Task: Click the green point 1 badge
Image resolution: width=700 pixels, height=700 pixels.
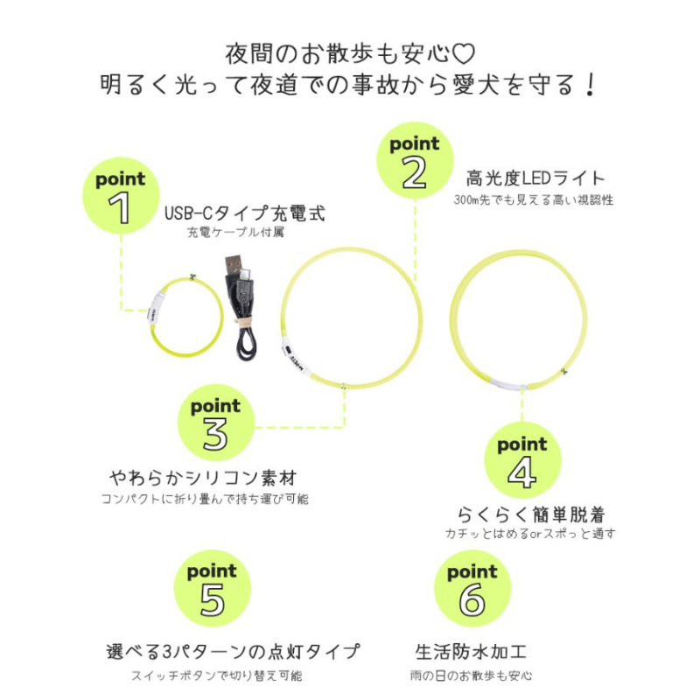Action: (x=121, y=195)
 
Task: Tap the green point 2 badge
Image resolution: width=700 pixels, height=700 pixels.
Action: (x=415, y=160)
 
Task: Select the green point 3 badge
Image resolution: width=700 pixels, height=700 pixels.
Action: (x=216, y=423)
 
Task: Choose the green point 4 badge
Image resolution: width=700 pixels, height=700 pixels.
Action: (x=522, y=460)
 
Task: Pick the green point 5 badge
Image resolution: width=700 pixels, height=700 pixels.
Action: (x=213, y=588)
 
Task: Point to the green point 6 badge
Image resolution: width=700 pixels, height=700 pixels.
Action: (x=472, y=589)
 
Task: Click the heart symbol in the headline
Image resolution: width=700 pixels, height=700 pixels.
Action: (x=463, y=53)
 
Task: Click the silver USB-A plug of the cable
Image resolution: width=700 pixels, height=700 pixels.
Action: (x=234, y=266)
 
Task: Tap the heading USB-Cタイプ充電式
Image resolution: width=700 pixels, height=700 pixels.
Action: (x=245, y=213)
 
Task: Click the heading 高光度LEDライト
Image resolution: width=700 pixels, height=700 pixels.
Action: (x=535, y=178)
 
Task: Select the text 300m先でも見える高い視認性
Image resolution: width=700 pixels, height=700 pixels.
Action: (x=534, y=199)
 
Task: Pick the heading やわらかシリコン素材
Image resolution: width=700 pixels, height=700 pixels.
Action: (x=203, y=478)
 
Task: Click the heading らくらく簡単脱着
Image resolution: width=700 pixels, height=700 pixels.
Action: (x=531, y=514)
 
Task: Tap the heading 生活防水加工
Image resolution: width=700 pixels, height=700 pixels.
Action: (x=471, y=652)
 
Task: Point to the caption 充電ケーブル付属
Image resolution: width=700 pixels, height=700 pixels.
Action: (x=235, y=232)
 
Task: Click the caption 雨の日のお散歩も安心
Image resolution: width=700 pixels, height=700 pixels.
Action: (x=471, y=675)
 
